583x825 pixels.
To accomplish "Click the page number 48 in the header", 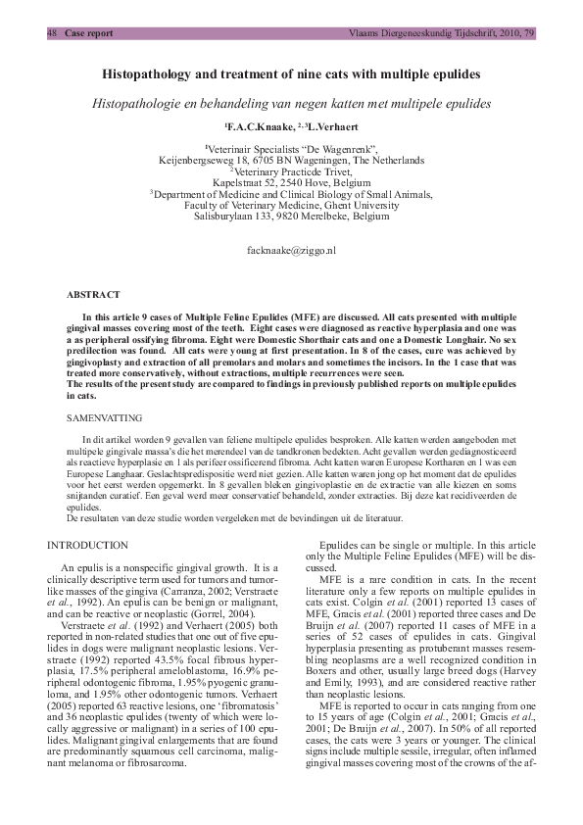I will coord(53,32).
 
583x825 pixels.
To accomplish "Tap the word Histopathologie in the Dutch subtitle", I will coord(139,103).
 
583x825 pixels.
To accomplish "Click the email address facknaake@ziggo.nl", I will coord(291,252).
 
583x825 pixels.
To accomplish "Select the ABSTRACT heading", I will coord(93,294).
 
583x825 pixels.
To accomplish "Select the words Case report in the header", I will coord(89,32).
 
